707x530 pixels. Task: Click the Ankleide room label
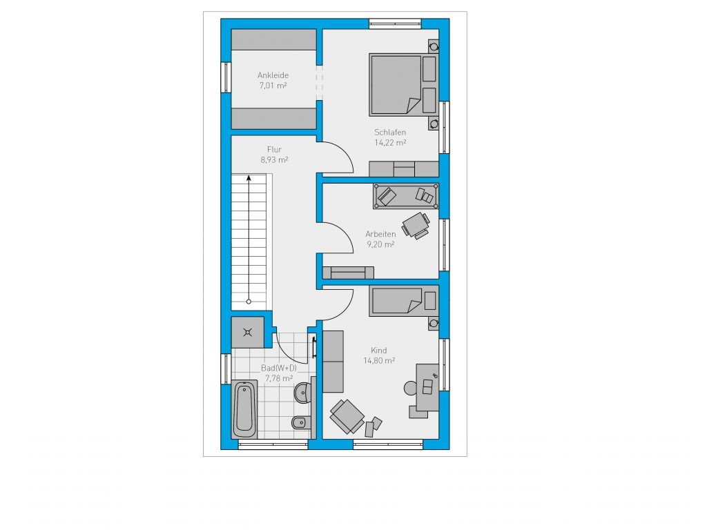[x=273, y=75]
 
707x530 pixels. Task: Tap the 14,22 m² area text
[x=390, y=142]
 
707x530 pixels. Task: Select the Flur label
[x=274, y=149]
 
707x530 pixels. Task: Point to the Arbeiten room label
[x=380, y=234]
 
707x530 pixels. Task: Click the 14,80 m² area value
[x=379, y=360]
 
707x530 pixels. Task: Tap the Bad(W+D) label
[x=279, y=368]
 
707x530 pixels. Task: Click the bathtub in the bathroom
[x=244, y=409]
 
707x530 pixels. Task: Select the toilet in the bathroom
[x=301, y=422]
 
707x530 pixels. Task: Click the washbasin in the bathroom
[x=303, y=392]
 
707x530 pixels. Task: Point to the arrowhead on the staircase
[x=249, y=179]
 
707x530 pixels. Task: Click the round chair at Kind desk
[x=411, y=388]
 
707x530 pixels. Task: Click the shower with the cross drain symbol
[x=248, y=333]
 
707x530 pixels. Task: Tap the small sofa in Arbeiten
[x=348, y=273]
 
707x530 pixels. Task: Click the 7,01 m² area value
[x=273, y=86]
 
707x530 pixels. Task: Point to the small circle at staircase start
[x=249, y=302]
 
